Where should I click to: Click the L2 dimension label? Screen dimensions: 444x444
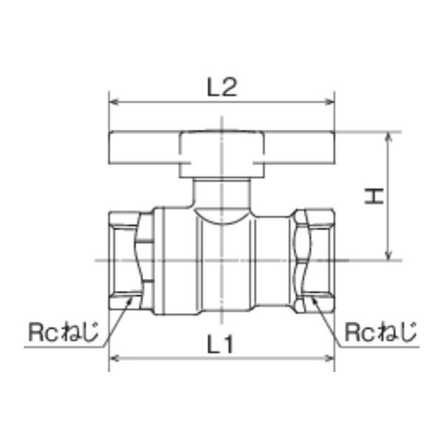(222, 87)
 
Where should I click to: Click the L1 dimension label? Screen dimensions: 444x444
(221, 344)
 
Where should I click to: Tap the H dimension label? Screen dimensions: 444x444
(374, 196)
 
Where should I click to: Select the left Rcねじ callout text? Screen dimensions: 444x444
(64, 332)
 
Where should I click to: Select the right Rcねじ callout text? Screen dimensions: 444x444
(380, 332)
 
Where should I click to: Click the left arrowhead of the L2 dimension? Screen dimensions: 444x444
(114, 101)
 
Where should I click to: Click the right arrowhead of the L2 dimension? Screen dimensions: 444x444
(330, 101)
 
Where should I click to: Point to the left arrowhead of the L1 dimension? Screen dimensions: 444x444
(114, 358)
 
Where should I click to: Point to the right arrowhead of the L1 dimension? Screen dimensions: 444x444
(329, 358)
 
